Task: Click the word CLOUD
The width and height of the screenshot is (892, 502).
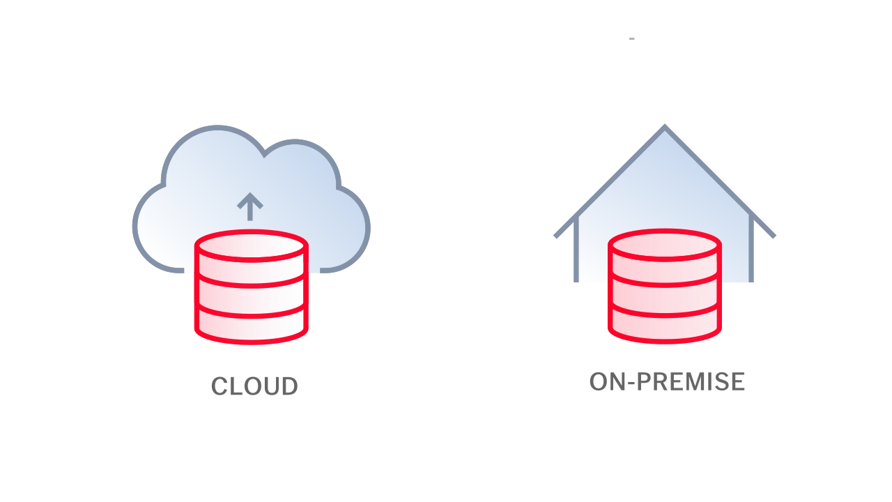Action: click(254, 386)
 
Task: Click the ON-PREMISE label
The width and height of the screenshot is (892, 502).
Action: click(667, 381)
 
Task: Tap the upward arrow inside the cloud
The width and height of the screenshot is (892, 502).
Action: click(250, 206)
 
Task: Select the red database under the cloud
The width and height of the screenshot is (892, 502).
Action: click(252, 287)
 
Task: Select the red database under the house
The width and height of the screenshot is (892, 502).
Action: click(665, 286)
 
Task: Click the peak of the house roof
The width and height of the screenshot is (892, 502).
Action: click(665, 126)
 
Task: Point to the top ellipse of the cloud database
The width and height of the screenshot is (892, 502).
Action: click(252, 245)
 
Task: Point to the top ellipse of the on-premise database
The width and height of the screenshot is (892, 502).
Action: click(665, 245)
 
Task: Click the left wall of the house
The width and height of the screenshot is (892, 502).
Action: click(576, 250)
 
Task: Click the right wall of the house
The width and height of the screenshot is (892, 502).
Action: click(751, 249)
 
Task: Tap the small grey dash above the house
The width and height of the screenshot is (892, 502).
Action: click(631, 38)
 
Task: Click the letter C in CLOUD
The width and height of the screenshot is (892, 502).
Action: click(219, 386)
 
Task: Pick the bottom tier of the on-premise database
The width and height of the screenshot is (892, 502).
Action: click(665, 325)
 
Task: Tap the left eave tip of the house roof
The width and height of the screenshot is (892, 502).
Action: click(555, 236)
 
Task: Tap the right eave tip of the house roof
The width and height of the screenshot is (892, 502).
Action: click(774, 236)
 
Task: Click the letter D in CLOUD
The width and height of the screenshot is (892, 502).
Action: click(290, 386)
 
